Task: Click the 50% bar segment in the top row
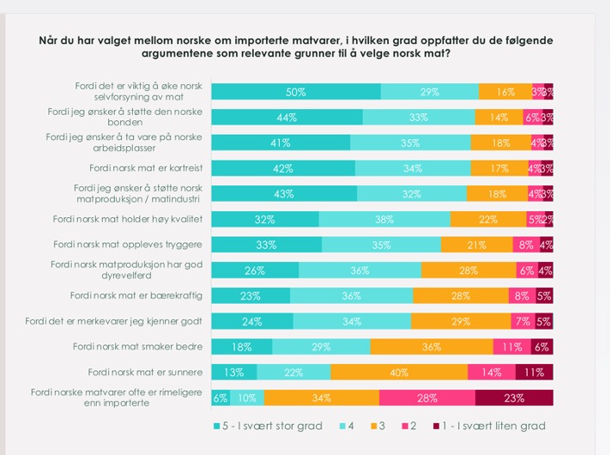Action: (x=296, y=91)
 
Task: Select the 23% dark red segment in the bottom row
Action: (x=514, y=397)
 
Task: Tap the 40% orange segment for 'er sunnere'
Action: (x=399, y=372)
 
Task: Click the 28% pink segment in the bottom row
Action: (x=426, y=397)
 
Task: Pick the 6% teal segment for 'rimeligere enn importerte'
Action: (x=221, y=397)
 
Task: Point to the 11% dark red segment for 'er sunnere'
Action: (x=534, y=372)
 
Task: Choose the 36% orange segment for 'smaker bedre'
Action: (x=432, y=347)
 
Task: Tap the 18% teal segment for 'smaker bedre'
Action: (x=242, y=347)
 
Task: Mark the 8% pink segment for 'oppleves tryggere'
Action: (x=525, y=244)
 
